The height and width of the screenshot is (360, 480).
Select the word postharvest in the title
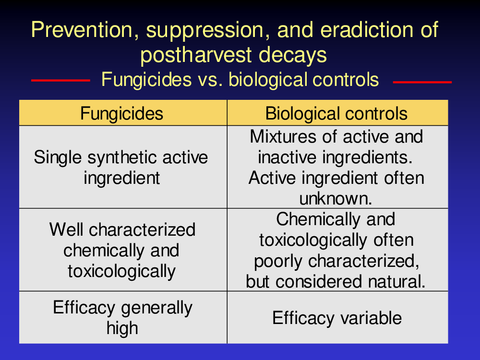[195, 55]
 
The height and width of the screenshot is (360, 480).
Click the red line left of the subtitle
[60, 81]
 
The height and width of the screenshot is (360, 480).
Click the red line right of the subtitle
[422, 82]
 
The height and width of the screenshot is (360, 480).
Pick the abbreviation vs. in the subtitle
[210, 80]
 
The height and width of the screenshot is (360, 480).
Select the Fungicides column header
[121, 114]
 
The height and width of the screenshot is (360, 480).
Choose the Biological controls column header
[336, 114]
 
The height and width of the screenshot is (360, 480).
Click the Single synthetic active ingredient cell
[121, 168]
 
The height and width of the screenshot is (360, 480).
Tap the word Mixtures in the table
[283, 136]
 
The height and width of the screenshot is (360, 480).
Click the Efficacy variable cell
[337, 318]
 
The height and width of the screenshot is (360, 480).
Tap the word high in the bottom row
[122, 329]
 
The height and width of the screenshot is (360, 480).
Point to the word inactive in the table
[287, 157]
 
